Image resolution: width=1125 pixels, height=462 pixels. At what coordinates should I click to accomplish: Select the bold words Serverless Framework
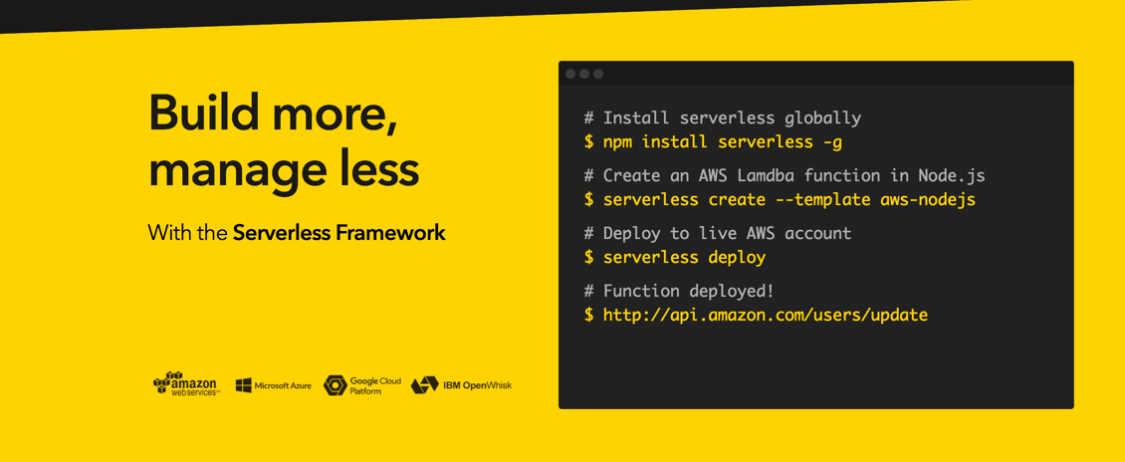pyautogui.click(x=339, y=233)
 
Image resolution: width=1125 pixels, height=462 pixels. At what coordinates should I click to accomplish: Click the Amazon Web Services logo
pyautogui.click(x=186, y=384)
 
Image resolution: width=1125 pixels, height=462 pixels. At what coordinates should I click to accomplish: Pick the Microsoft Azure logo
pyautogui.click(x=274, y=385)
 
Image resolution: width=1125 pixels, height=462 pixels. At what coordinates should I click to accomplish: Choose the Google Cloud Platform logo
pyautogui.click(x=361, y=385)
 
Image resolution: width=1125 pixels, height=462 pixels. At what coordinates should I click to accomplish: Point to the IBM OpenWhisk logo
pyautogui.click(x=461, y=385)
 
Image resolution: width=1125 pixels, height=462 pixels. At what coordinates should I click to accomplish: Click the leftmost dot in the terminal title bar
pyautogui.click(x=571, y=74)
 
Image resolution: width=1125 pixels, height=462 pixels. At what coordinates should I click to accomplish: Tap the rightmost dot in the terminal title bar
pyautogui.click(x=598, y=74)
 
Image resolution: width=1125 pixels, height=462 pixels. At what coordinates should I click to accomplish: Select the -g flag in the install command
pyautogui.click(x=833, y=142)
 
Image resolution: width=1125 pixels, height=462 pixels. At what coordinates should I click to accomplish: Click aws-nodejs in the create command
pyautogui.click(x=929, y=200)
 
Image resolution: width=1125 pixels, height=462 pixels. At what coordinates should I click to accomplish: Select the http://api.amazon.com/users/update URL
pyautogui.click(x=766, y=315)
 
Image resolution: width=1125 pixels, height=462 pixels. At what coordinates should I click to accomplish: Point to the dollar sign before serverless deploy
pyautogui.click(x=589, y=258)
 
